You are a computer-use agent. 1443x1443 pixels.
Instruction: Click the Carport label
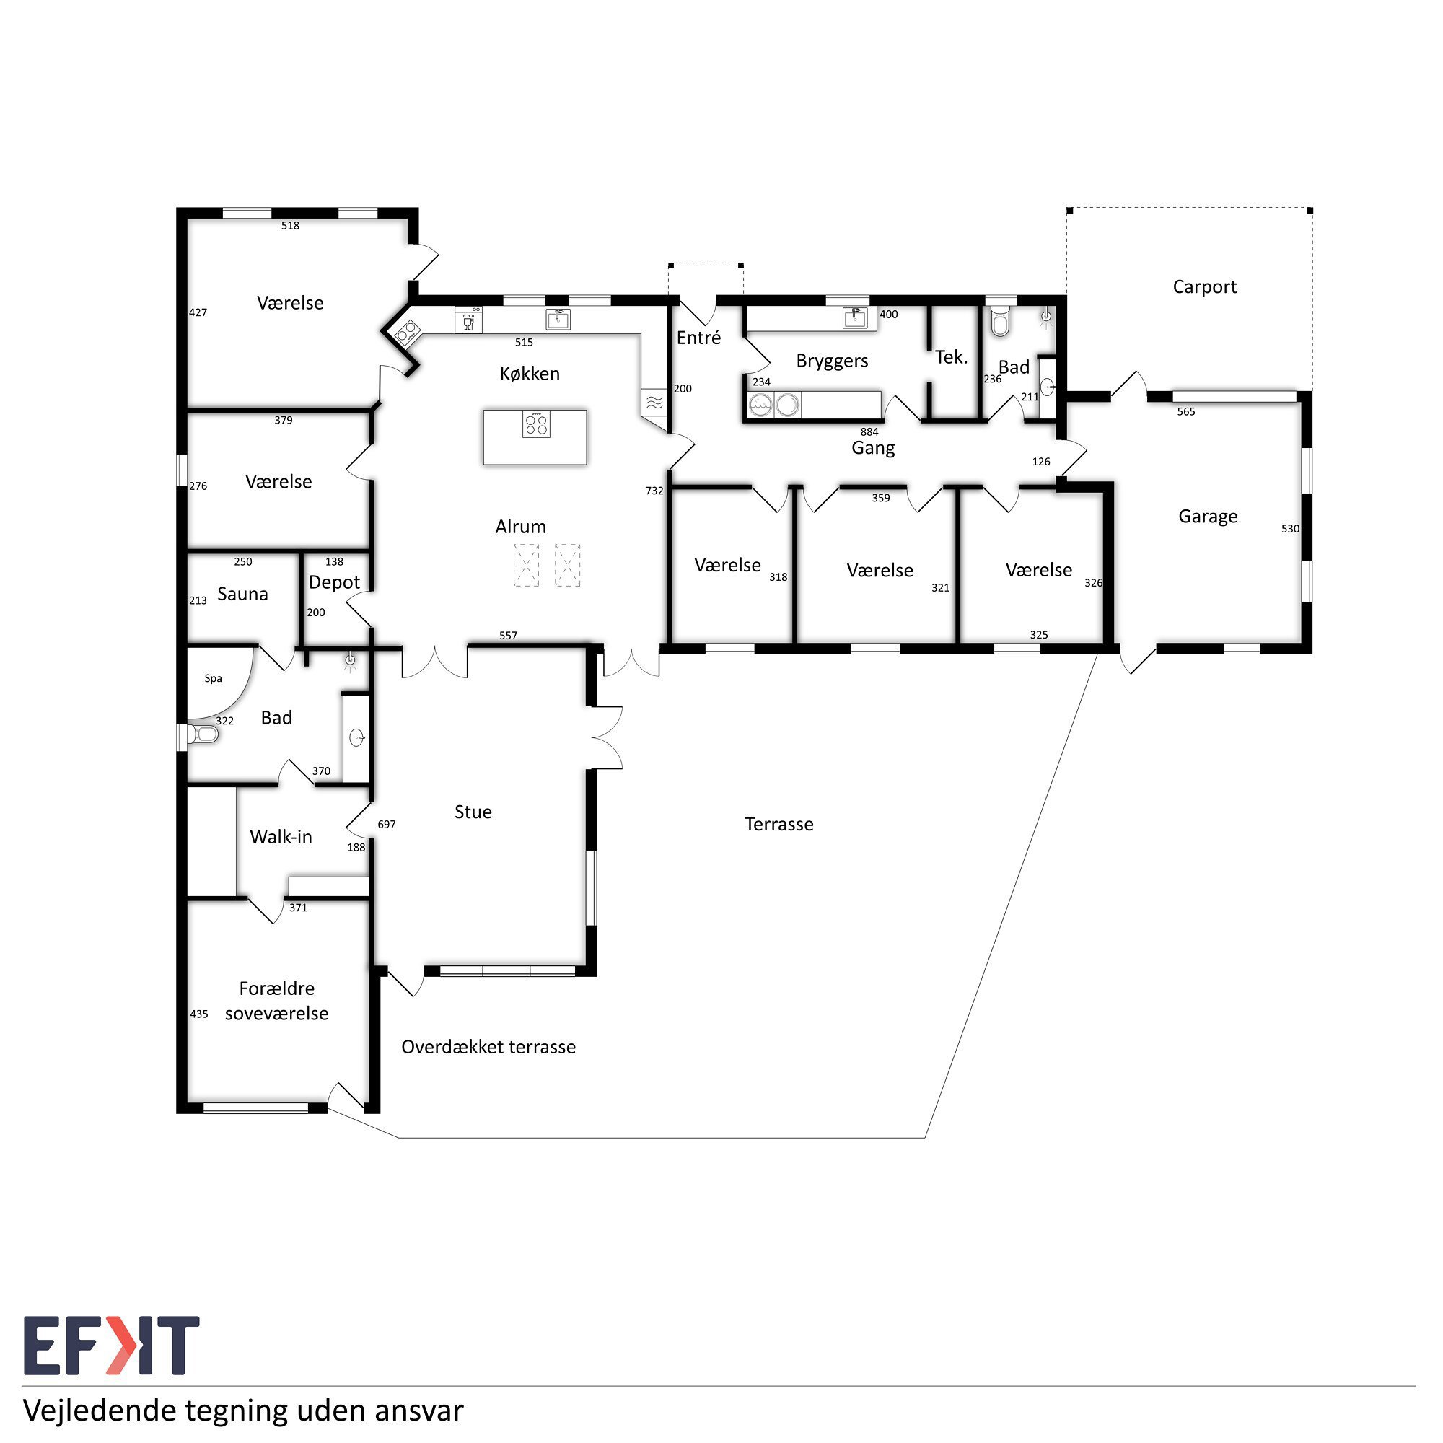[x=1204, y=287]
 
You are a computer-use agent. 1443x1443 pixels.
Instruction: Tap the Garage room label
[x=1208, y=517]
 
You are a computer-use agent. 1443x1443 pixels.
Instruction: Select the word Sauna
[x=242, y=594]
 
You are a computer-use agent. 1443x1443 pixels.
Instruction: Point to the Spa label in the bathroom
[x=214, y=678]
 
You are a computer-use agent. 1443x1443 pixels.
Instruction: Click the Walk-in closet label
[x=281, y=836]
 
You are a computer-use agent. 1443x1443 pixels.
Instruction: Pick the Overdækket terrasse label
[x=488, y=1046]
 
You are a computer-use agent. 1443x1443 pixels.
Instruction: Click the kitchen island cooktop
[x=535, y=424]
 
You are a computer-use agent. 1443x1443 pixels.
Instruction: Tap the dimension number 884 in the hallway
[x=869, y=431]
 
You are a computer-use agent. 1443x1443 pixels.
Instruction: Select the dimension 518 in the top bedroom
[x=291, y=226]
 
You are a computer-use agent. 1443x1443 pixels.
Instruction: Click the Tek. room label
[x=951, y=357]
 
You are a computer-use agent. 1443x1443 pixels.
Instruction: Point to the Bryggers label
[x=832, y=361]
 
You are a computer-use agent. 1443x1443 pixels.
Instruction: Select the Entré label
[x=698, y=338]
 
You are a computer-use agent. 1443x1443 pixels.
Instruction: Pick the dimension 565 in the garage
[x=1186, y=411]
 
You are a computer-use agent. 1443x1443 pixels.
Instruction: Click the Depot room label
[x=334, y=582]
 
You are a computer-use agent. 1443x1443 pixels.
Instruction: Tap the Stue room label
[x=473, y=812]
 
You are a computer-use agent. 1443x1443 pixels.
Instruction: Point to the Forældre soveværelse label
[x=276, y=1001]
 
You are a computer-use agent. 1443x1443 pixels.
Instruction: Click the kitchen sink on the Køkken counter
[x=558, y=319]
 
